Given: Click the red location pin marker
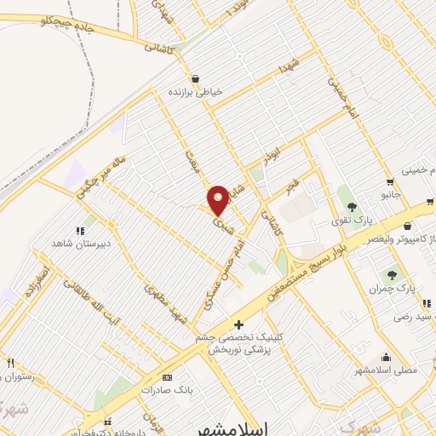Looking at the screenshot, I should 218,201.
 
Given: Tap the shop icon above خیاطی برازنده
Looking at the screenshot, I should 196,77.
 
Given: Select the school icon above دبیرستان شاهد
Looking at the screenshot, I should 80,230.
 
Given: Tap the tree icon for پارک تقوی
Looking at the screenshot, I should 351,207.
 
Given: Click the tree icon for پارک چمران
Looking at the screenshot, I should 392,274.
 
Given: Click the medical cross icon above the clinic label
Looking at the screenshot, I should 238,324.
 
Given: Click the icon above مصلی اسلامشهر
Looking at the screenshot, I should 387,358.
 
